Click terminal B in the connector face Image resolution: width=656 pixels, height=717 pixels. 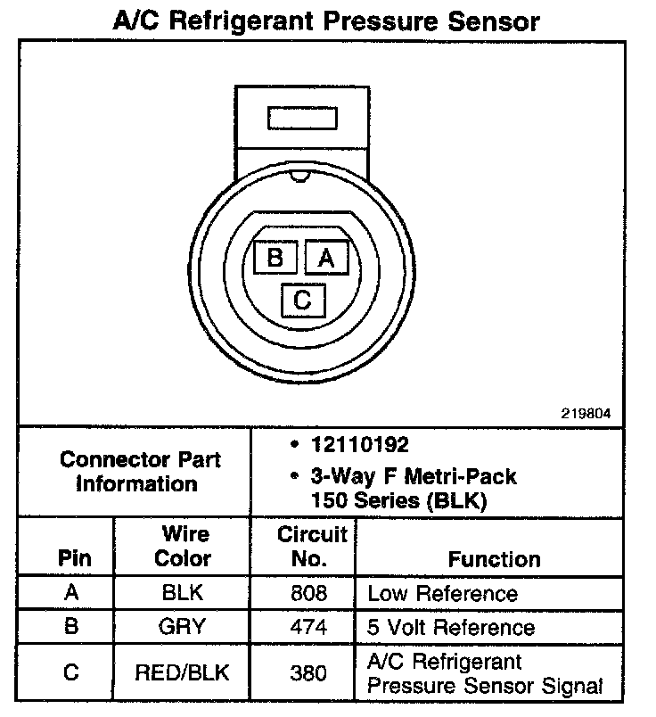coord(275,257)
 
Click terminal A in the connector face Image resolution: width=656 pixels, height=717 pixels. coord(326,257)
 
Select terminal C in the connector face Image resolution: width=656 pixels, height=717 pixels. coord(302,300)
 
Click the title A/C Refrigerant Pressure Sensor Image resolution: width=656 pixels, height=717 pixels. coord(326,21)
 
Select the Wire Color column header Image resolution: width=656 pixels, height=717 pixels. coord(183,547)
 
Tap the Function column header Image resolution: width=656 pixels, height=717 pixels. coord(494,559)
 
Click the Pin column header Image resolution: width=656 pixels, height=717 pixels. coord(74,559)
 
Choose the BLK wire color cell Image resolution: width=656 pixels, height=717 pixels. coord(183,593)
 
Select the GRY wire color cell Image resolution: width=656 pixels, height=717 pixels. coord(183,626)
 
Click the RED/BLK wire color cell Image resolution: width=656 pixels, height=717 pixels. coord(183,672)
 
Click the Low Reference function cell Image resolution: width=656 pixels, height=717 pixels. coord(442,593)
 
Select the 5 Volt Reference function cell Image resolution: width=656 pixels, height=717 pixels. coord(451,627)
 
